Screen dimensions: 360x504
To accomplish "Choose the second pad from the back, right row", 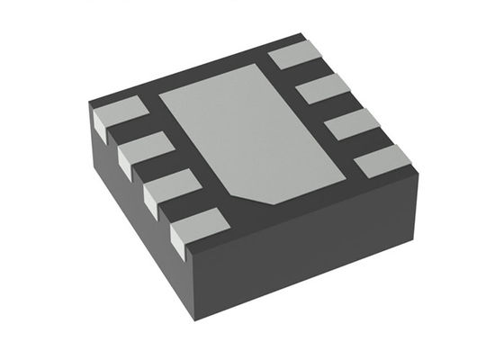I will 323,89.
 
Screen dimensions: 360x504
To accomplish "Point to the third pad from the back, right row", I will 352,125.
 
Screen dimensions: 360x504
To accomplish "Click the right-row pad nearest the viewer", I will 382,162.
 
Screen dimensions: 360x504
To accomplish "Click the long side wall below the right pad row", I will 315,252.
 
